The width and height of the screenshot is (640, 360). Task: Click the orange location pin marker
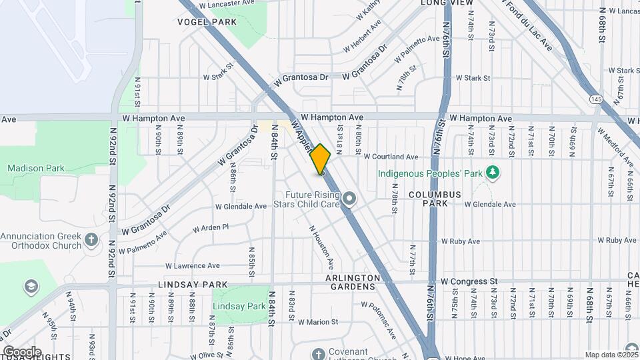321,160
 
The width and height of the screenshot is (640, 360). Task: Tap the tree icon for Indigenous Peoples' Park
493,173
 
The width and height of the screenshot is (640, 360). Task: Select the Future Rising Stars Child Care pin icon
349,198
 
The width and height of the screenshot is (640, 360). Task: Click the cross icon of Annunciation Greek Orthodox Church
91,239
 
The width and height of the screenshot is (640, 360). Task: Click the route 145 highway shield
596,99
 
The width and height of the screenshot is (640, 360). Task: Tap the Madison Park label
36,168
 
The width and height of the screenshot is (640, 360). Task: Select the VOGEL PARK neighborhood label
207,22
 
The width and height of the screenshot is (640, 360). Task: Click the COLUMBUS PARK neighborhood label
435,198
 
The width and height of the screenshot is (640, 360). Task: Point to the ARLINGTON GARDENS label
353,282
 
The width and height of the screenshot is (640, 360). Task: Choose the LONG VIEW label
447,3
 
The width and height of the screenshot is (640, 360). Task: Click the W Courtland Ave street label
391,157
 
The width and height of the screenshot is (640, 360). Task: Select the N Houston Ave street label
321,247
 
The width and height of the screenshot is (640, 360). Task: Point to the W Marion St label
318,322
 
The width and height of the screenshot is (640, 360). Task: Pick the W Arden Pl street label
211,228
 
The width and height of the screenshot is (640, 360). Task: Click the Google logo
21,351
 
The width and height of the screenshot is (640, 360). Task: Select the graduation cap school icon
31,286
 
